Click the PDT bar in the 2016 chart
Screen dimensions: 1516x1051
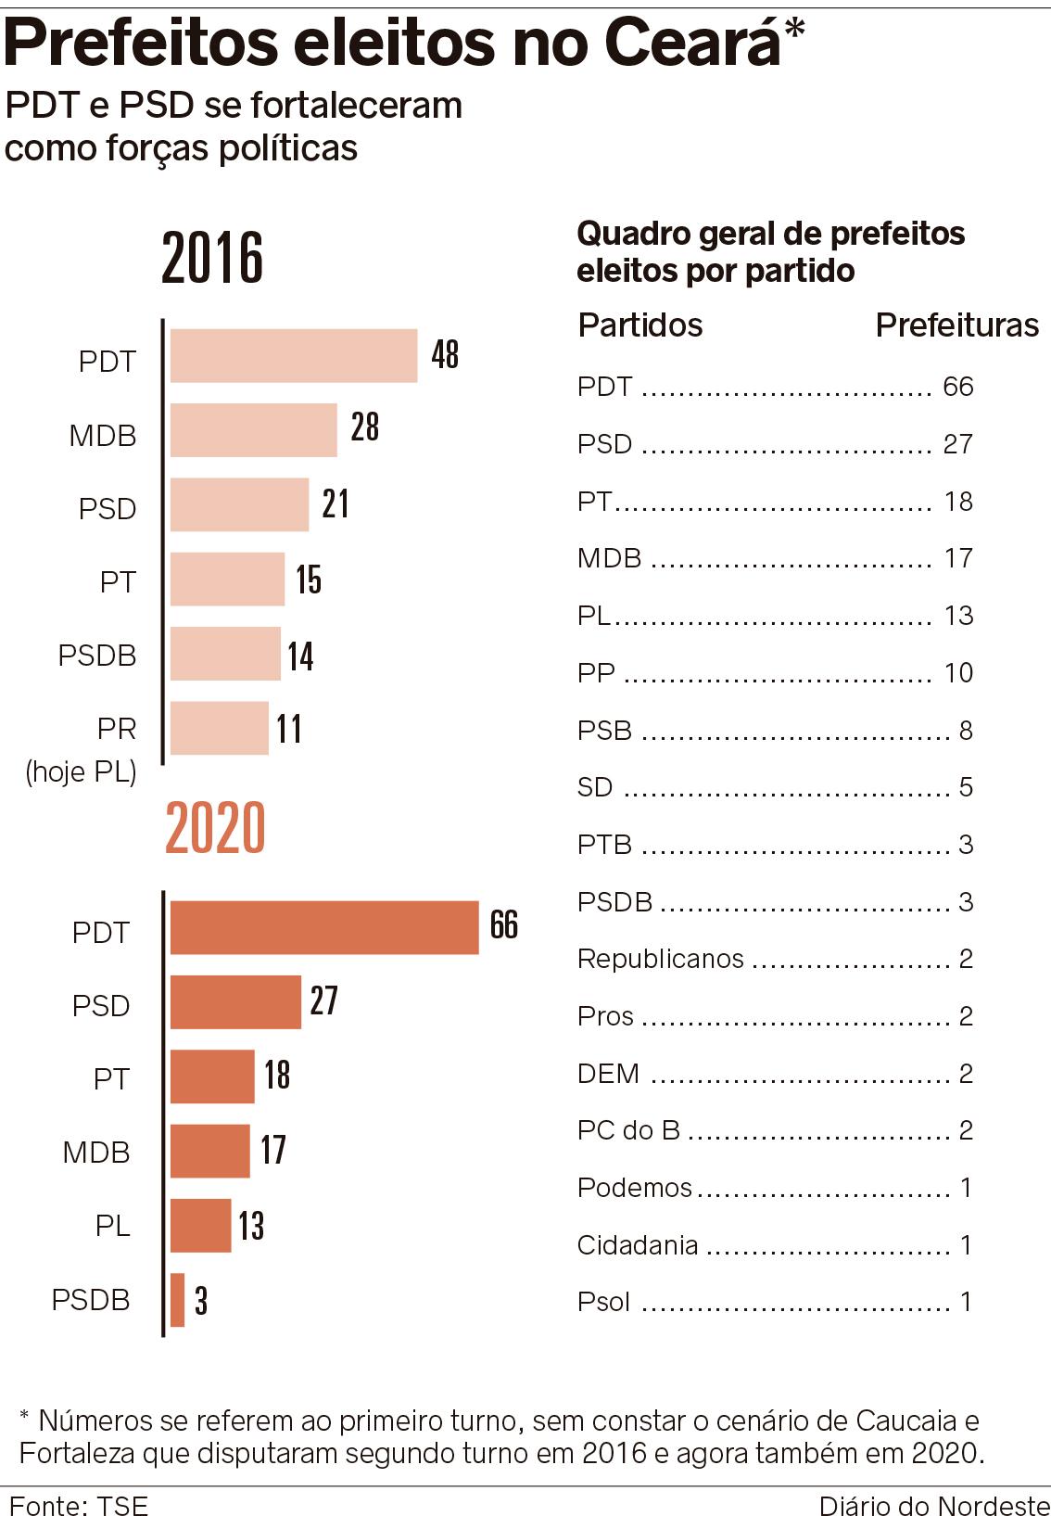click(294, 355)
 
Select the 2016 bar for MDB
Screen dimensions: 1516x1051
click(253, 429)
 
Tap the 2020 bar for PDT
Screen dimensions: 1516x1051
click(324, 926)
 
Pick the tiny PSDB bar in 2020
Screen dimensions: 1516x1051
click(178, 1299)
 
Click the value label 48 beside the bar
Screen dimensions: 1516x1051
click(445, 354)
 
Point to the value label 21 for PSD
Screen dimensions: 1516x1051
click(336, 503)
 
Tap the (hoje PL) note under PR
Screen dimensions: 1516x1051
click(82, 771)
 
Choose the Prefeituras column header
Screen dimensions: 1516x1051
click(956, 325)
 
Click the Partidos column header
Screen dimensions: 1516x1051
click(640, 325)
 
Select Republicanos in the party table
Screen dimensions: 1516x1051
click(660, 959)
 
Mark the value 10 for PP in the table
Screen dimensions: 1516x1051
click(958, 672)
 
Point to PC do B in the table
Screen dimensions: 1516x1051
click(628, 1130)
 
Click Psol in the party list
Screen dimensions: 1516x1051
click(603, 1302)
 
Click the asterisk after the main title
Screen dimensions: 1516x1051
click(794, 31)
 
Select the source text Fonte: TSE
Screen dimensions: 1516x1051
click(79, 1505)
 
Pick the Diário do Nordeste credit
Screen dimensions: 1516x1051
click(933, 1505)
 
